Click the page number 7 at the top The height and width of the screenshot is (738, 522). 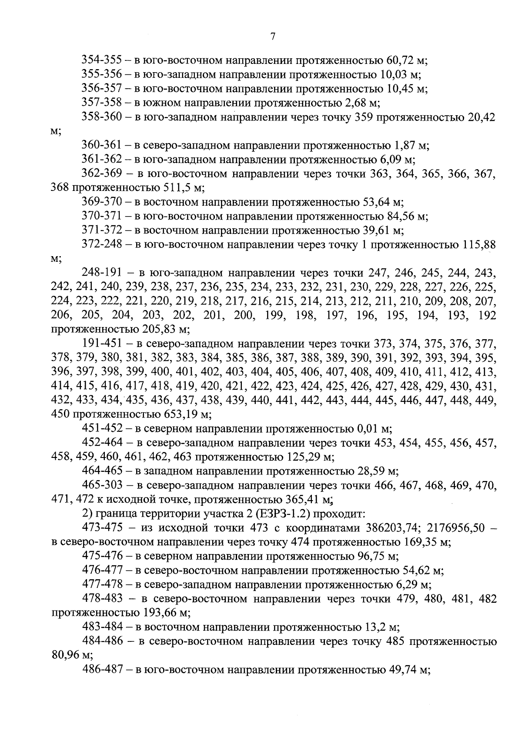[x=273, y=37]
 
